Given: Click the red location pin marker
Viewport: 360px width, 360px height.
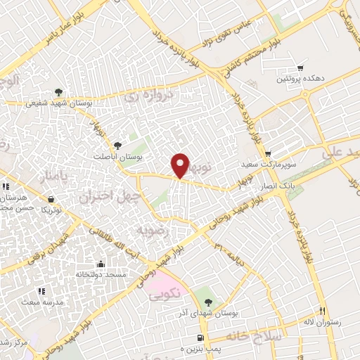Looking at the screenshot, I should point(181,165).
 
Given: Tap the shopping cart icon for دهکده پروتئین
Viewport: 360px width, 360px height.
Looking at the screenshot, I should point(300,68).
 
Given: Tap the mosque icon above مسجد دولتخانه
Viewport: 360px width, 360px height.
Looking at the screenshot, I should point(101,264).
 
